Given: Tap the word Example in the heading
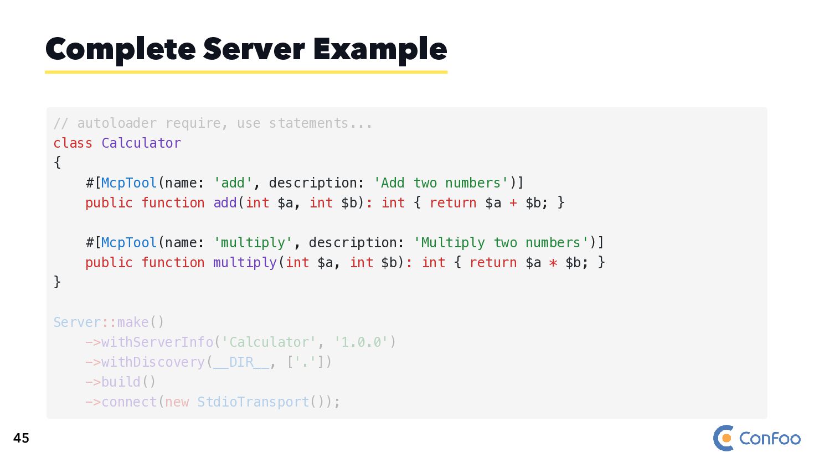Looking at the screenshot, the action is [x=380, y=50].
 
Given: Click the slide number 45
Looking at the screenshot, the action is [x=21, y=438].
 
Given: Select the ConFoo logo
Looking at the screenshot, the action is [x=756, y=438].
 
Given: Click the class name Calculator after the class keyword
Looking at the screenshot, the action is [x=141, y=143].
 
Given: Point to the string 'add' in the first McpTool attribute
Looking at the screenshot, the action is [x=233, y=183].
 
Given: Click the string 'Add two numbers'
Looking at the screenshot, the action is [x=441, y=183].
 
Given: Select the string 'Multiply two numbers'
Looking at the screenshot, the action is [x=501, y=243].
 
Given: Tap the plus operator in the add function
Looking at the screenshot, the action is [x=513, y=203].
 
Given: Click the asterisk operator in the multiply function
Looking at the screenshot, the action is [x=553, y=263].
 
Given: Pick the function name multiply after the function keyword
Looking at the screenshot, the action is [x=245, y=263].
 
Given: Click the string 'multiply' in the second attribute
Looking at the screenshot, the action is [x=253, y=243].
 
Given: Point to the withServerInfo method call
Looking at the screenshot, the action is [x=157, y=342].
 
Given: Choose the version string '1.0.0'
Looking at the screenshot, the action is [x=361, y=342].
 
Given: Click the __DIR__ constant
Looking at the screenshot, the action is [x=241, y=362].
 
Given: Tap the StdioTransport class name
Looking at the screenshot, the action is [x=253, y=402].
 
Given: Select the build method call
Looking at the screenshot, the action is [x=121, y=382].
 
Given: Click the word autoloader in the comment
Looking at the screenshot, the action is [x=117, y=123].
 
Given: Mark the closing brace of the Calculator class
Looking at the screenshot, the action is [x=57, y=282].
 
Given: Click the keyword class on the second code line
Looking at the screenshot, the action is [x=73, y=143].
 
